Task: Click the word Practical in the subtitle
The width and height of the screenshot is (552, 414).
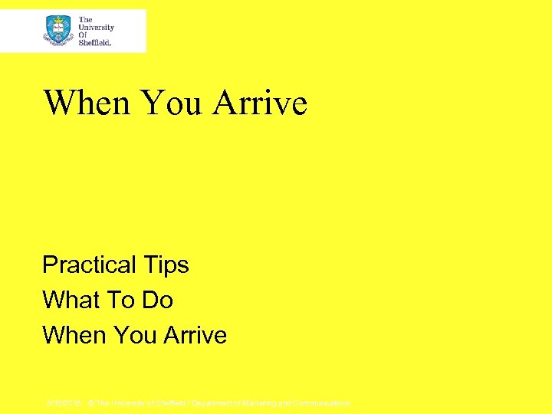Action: (89, 265)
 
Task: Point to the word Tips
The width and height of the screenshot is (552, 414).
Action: (166, 265)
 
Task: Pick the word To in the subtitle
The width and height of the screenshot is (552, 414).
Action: (123, 300)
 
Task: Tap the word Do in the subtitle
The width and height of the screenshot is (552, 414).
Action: (158, 300)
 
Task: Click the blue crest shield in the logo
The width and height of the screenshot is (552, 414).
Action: (58, 31)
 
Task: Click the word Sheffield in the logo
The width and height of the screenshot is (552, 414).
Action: (95, 43)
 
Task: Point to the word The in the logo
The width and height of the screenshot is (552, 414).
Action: (85, 19)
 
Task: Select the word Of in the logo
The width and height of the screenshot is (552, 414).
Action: (84, 35)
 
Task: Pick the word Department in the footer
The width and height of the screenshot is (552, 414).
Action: (214, 402)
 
